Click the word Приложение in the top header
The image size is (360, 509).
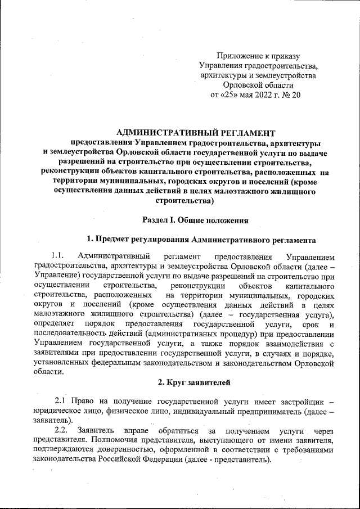(x=240, y=56)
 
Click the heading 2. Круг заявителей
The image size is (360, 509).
(x=193, y=384)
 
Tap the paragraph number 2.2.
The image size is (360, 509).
(x=61, y=430)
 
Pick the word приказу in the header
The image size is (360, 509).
(x=285, y=56)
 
